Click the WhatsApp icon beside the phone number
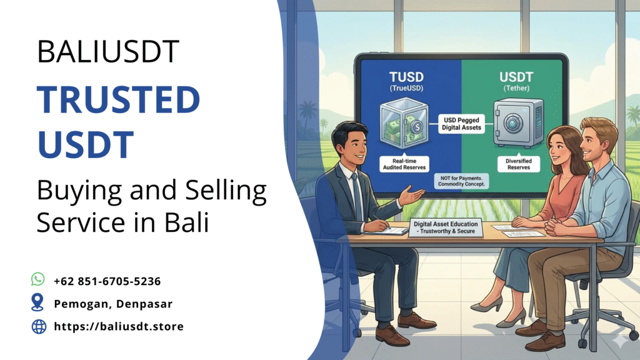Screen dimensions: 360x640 pyautogui.click(x=38, y=279)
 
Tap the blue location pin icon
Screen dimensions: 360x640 pyautogui.click(x=38, y=303)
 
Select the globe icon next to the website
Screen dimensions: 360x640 pyautogui.click(x=38, y=326)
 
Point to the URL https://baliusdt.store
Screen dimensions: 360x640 pyautogui.click(x=119, y=326)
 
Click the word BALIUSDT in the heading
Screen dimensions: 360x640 pyautogui.click(x=108, y=51)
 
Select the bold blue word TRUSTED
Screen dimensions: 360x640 pyautogui.click(x=118, y=99)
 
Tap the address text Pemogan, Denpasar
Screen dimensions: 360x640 pyautogui.click(x=113, y=304)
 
